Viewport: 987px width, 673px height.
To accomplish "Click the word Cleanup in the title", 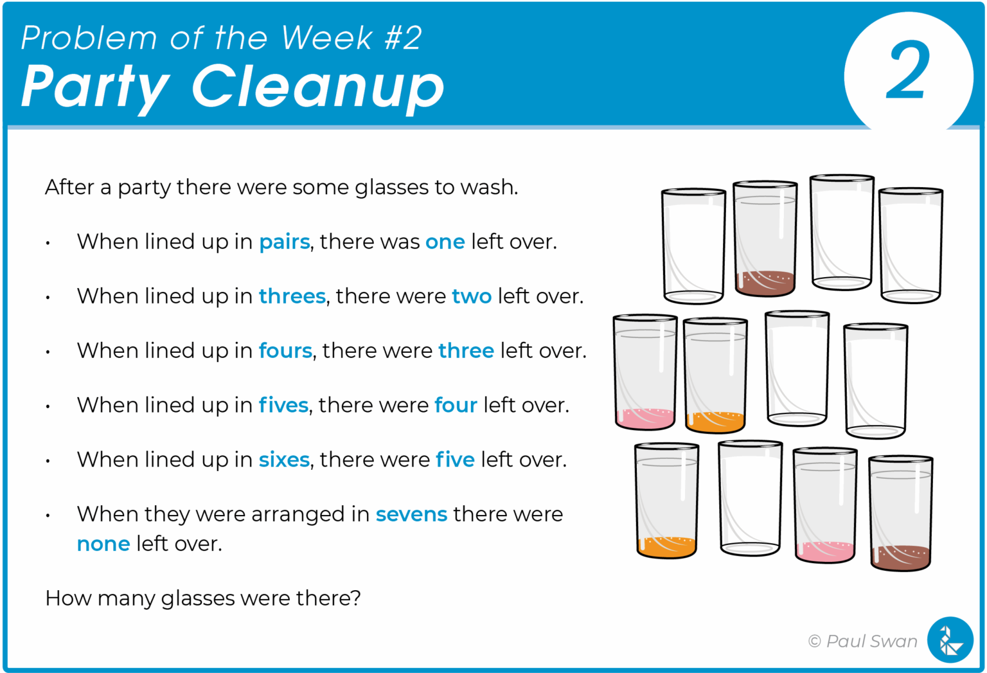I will point(317,87).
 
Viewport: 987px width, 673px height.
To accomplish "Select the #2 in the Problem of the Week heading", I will point(403,38).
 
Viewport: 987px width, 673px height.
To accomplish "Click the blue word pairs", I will point(284,242).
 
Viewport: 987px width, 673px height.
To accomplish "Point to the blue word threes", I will point(292,296).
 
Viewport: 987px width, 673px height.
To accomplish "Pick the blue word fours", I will point(285,351).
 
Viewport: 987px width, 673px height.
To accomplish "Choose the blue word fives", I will point(283,406).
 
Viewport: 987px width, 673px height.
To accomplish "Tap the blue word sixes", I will point(284,460).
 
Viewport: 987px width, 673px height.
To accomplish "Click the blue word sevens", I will point(411,515).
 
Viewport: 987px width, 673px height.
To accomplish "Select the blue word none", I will point(103,544).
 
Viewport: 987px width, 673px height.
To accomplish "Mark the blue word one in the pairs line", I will point(445,242).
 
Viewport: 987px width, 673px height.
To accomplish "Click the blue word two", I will point(472,296).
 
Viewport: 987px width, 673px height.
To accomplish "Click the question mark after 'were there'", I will point(356,598).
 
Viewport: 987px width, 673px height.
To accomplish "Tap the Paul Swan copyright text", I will point(863,641).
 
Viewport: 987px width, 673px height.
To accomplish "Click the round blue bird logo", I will point(950,640).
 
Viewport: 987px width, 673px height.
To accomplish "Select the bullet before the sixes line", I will point(48,462).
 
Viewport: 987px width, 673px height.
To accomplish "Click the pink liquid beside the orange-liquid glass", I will point(645,418).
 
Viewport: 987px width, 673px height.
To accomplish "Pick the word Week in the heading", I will point(327,38).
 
